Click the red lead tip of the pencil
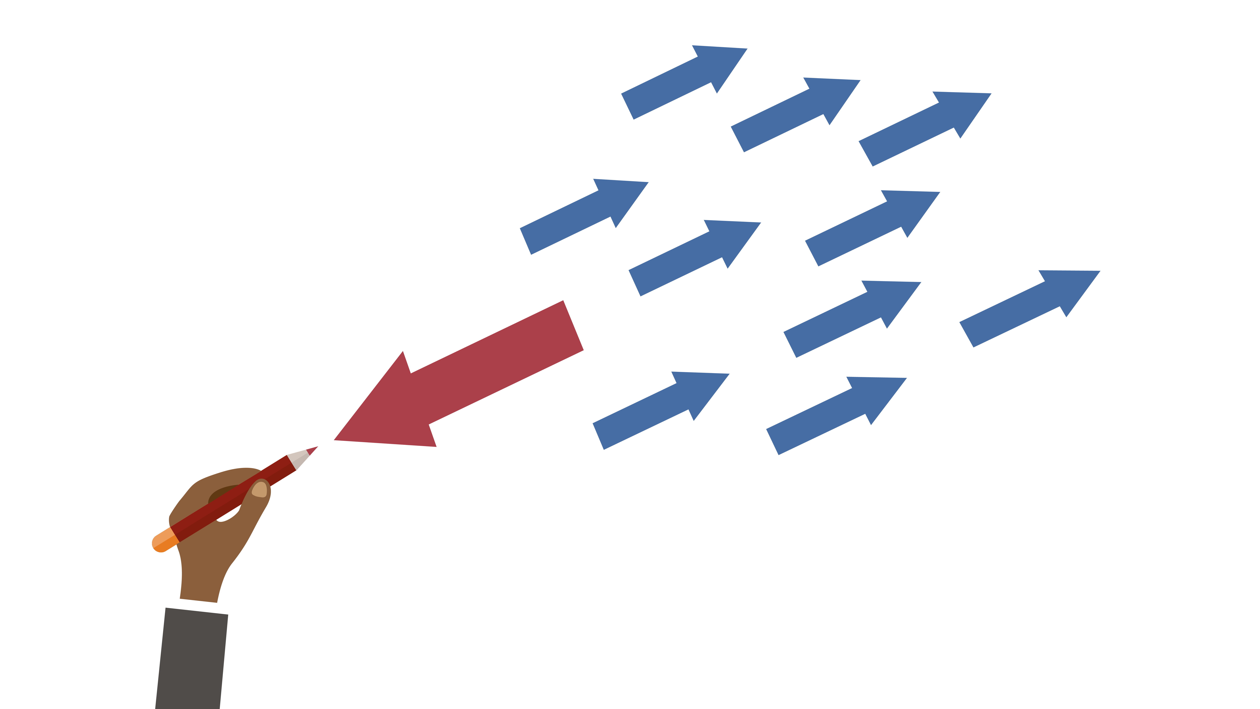[313, 449]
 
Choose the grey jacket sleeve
[192, 658]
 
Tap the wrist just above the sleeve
[200, 587]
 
